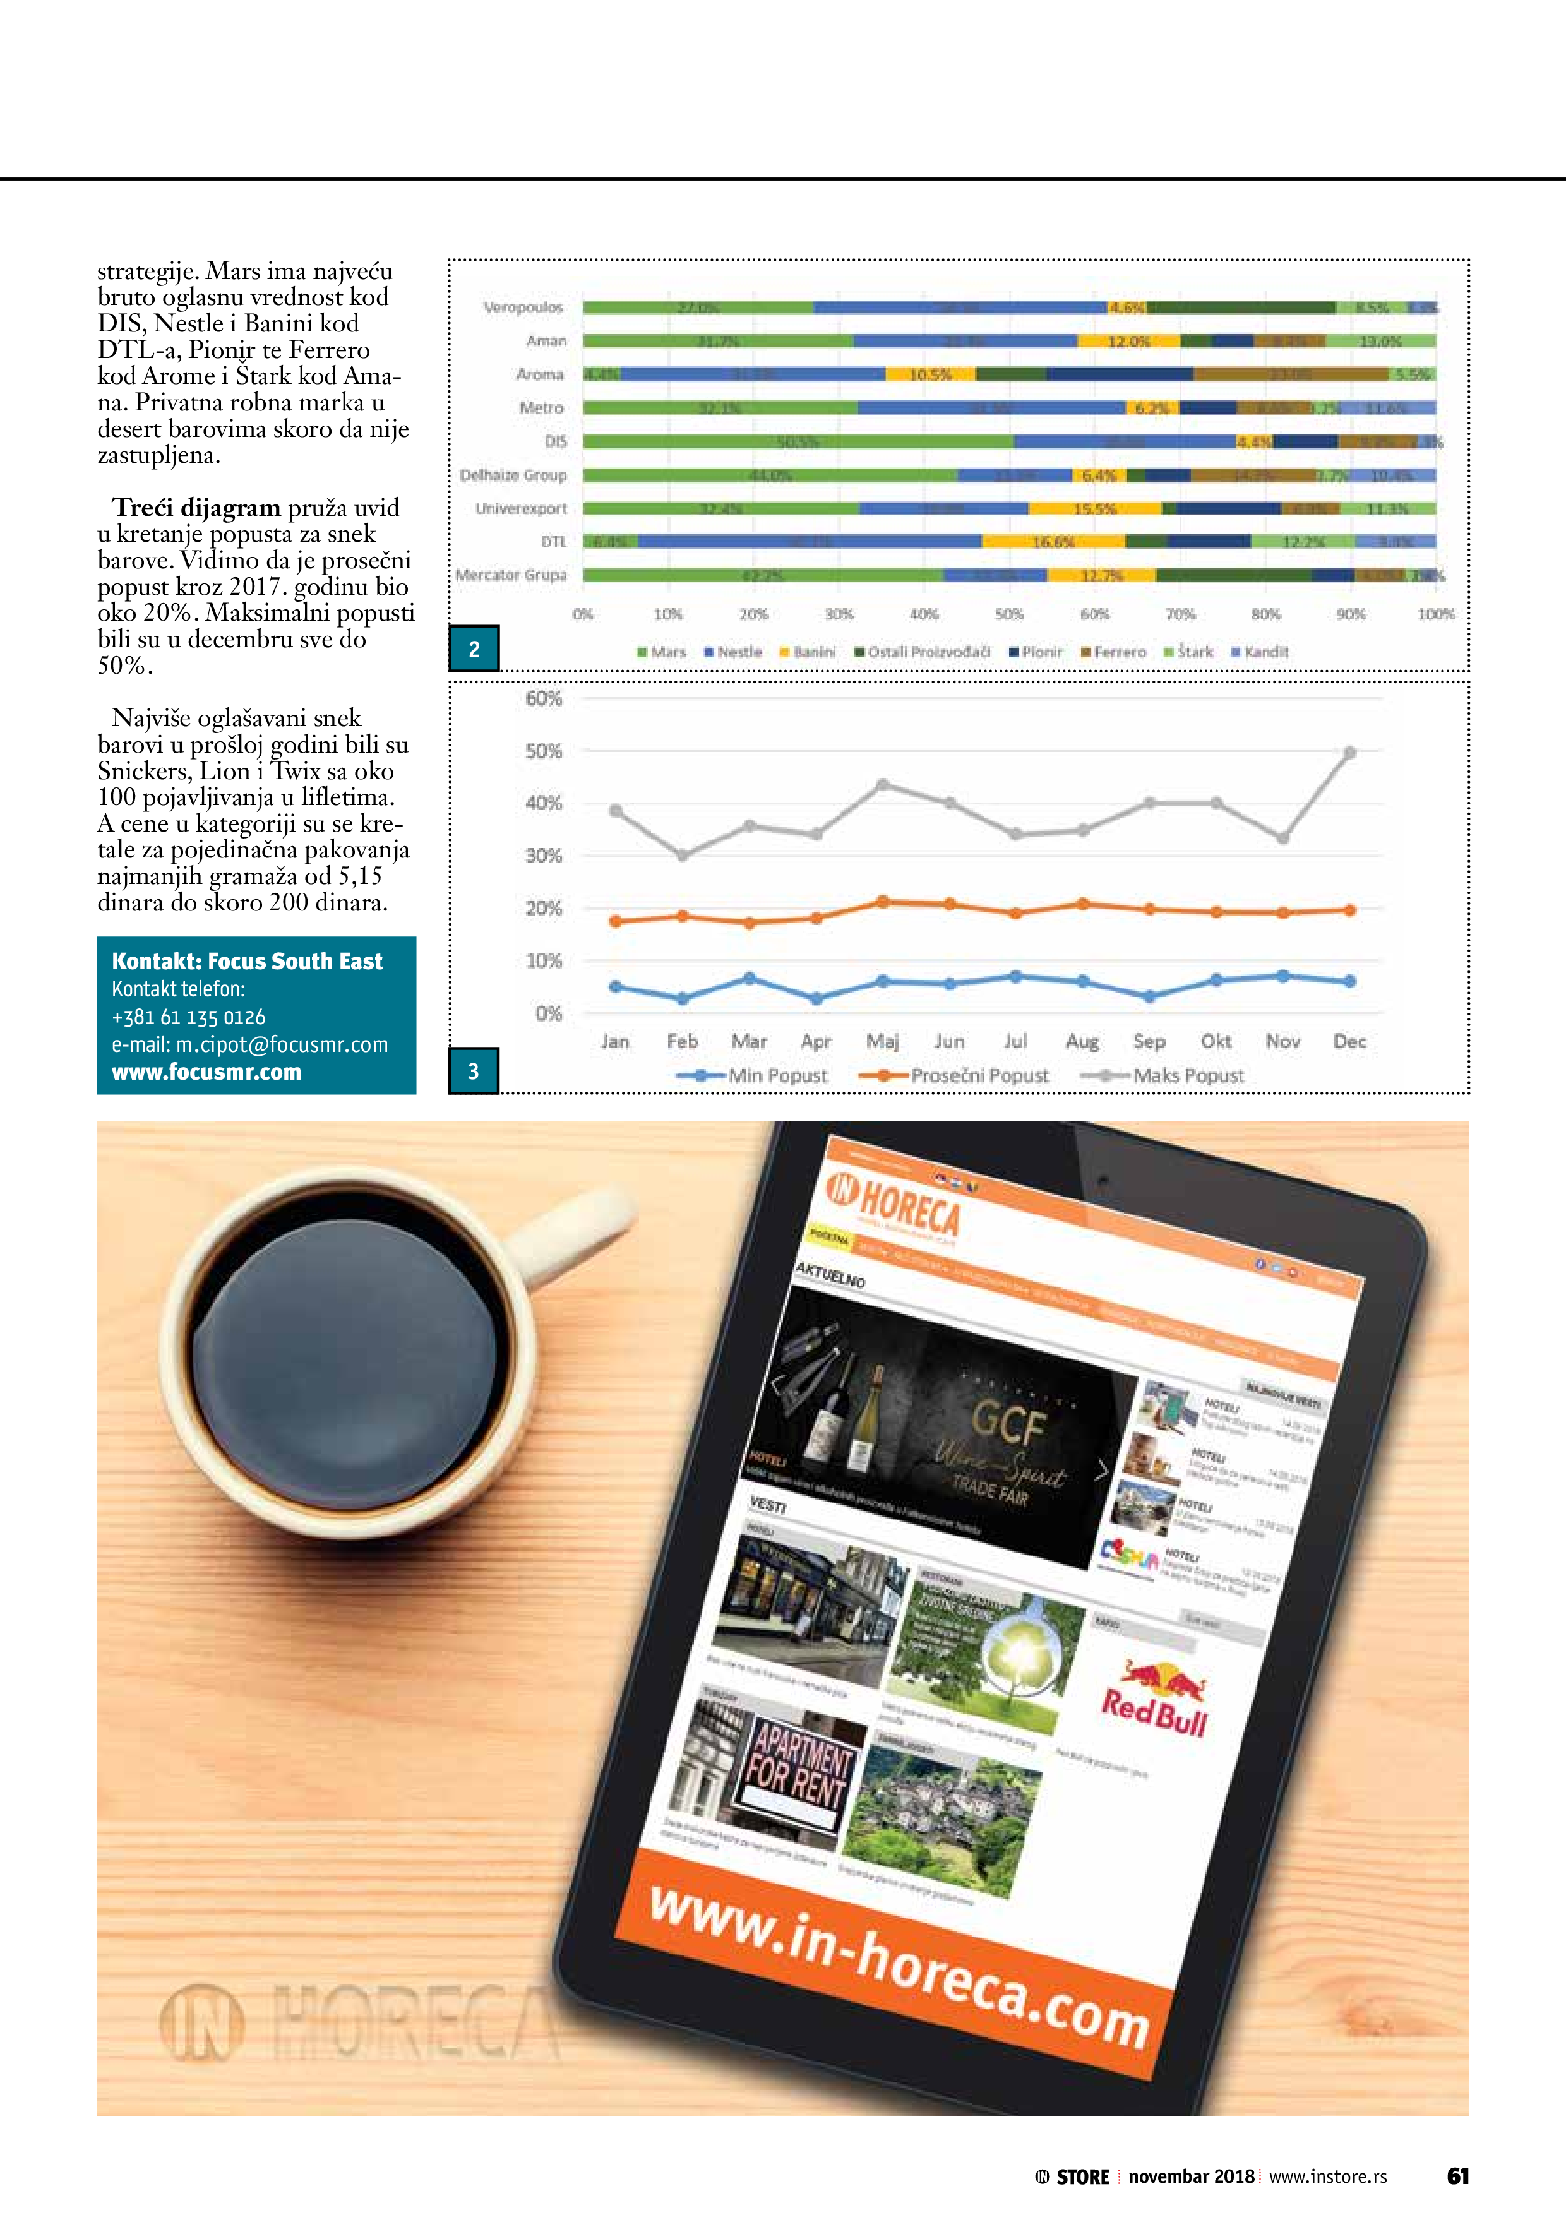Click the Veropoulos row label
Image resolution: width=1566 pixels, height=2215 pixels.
[x=522, y=307]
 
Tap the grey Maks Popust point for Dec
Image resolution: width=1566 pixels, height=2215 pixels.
[x=1349, y=753]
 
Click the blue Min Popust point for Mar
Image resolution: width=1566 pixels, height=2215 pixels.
[x=750, y=978]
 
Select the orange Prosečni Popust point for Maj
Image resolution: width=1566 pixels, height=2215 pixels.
[x=883, y=902]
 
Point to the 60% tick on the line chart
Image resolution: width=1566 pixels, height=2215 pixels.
[x=543, y=698]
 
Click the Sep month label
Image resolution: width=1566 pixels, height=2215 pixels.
[x=1149, y=1041]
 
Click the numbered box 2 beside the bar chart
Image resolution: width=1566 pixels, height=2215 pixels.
[x=474, y=649]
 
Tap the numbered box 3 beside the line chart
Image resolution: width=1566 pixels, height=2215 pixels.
[x=474, y=1071]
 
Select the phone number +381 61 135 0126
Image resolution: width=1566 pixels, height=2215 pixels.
[x=188, y=1017]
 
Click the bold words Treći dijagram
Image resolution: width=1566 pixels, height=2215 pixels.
[x=196, y=508]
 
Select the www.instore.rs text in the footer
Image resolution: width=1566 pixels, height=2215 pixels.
[x=1328, y=2176]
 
